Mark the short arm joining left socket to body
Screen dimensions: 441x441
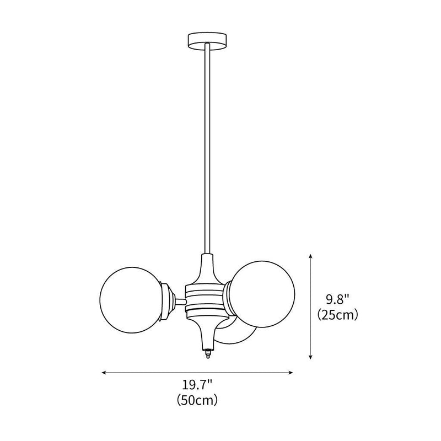180,302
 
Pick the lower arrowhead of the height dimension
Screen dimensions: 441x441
311,357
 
